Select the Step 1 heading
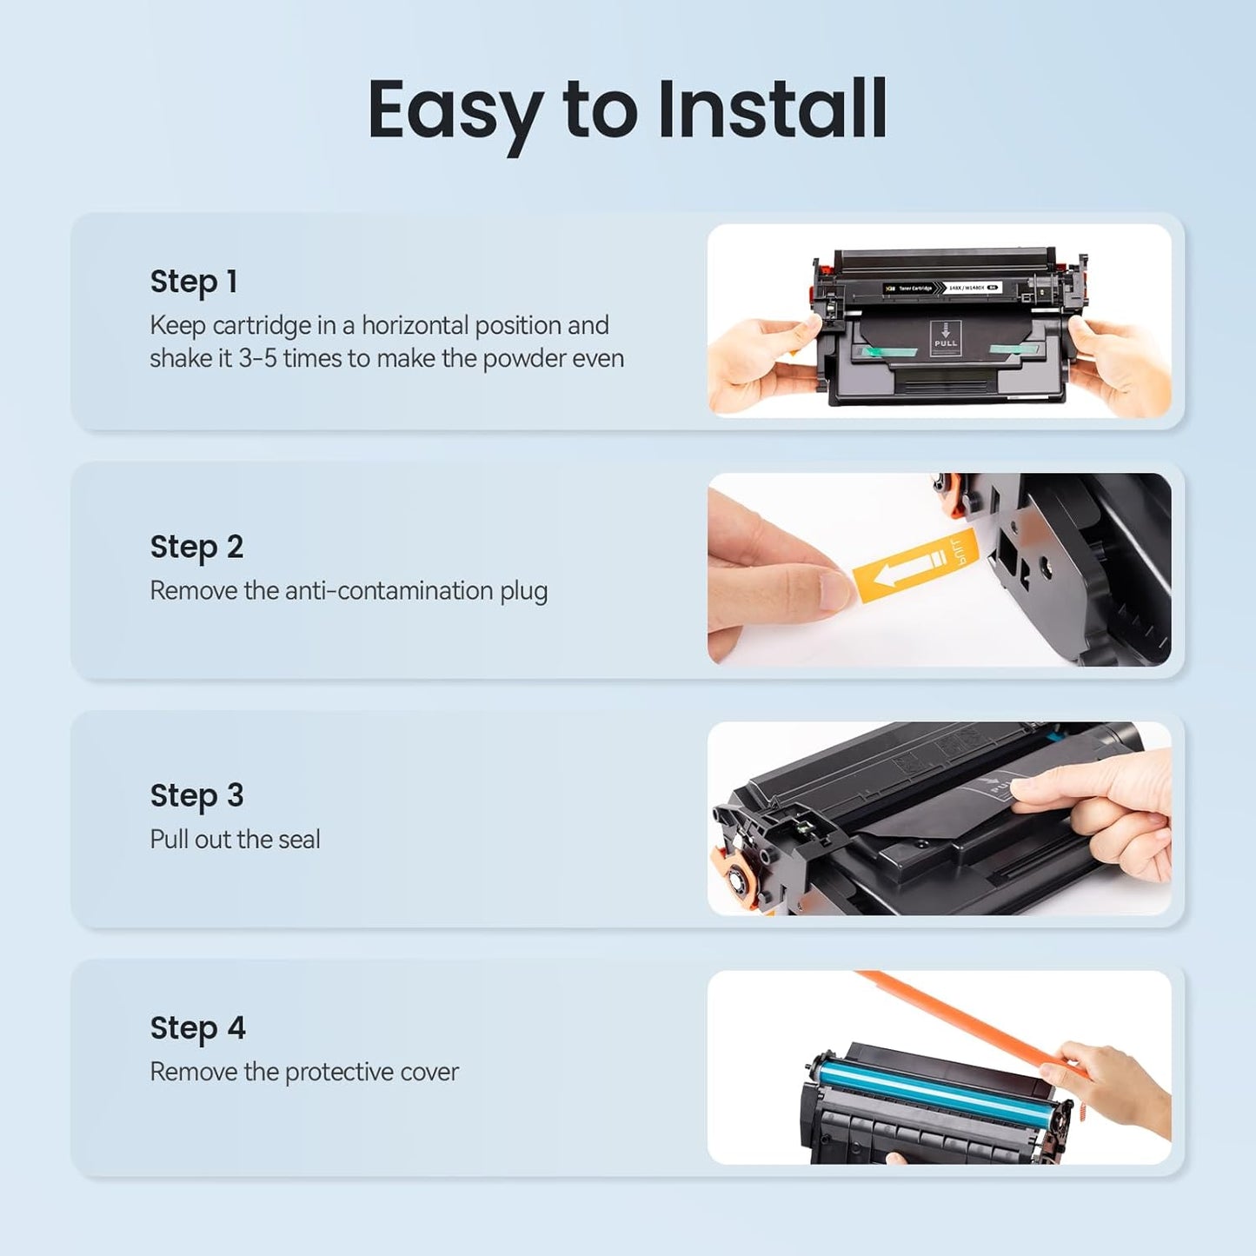(194, 283)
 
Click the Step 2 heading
(196, 548)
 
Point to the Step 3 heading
(196, 796)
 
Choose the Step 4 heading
(197, 1029)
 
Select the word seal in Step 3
(299, 840)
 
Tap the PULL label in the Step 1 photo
(945, 342)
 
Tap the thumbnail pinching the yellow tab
(835, 590)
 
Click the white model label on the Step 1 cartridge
(972, 288)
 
